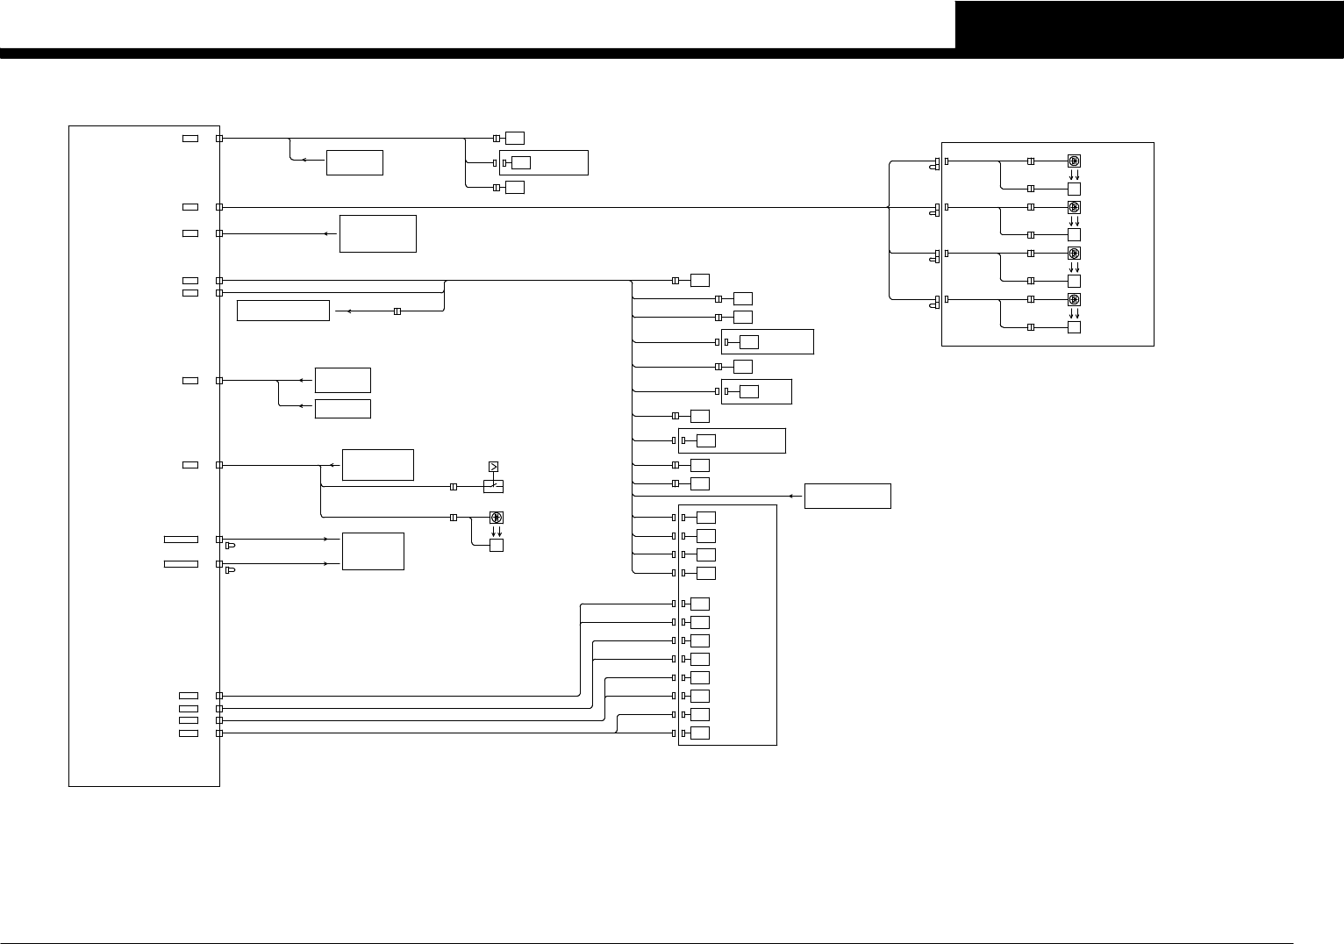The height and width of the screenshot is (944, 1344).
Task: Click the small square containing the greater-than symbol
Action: pyautogui.click(x=493, y=467)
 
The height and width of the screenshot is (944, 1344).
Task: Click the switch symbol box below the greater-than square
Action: pyautogui.click(x=493, y=486)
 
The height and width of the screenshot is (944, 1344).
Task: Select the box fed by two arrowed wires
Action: pyautogui.click(x=373, y=551)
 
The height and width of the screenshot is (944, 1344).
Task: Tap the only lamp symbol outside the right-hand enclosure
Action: pyautogui.click(x=497, y=518)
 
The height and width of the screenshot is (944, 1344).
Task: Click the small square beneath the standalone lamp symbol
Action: pyautogui.click(x=497, y=546)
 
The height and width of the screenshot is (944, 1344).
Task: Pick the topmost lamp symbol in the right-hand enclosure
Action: pyautogui.click(x=1074, y=161)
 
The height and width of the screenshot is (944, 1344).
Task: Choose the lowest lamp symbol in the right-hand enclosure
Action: pyautogui.click(x=1074, y=299)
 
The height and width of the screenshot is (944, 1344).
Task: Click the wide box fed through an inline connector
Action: pyautogui.click(x=283, y=311)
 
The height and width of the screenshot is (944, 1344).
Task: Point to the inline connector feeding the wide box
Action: pyautogui.click(x=397, y=311)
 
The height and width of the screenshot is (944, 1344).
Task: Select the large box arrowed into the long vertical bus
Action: pyautogui.click(x=847, y=496)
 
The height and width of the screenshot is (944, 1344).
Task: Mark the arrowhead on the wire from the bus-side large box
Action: pyautogui.click(x=791, y=496)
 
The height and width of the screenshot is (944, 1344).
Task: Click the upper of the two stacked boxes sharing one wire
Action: pyautogui.click(x=342, y=380)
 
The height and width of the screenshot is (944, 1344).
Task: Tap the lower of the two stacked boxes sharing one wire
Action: pyautogui.click(x=342, y=409)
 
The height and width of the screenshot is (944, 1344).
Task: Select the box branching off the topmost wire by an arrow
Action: pyautogui.click(x=354, y=162)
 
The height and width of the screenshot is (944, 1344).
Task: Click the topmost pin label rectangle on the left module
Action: pyautogui.click(x=190, y=139)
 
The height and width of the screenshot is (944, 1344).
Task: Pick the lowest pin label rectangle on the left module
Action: pyautogui.click(x=189, y=733)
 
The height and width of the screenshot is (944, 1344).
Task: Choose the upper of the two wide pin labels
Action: pyautogui.click(x=181, y=539)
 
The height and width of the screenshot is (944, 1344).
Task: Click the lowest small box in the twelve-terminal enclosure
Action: pyautogui.click(x=700, y=733)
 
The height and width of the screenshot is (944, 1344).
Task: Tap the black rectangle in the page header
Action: pyautogui.click(x=1149, y=25)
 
